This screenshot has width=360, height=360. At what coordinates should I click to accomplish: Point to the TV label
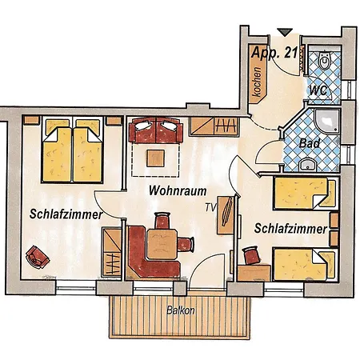click(x=211, y=206)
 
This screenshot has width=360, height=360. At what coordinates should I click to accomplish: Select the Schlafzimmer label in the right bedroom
click(x=290, y=229)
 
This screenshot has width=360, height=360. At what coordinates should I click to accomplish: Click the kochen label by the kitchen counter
click(x=256, y=81)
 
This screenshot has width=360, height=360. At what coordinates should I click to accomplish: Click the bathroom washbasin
click(x=308, y=165)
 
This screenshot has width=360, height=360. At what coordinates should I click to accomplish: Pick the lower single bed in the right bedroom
click(x=302, y=264)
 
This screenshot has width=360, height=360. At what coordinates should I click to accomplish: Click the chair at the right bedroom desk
click(x=251, y=254)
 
